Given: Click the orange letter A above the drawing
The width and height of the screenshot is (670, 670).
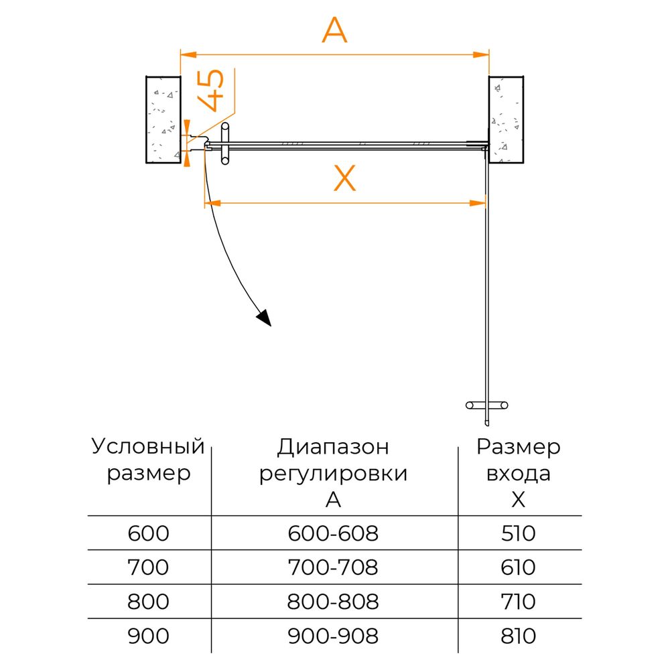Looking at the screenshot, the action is click(x=334, y=30).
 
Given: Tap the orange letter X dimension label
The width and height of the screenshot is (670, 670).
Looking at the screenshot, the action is click(x=344, y=178).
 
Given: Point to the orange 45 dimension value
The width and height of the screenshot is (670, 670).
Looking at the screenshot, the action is click(x=210, y=90).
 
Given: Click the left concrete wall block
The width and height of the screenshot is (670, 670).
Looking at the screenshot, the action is click(x=163, y=120).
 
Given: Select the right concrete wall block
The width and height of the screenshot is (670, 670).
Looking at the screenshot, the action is click(x=507, y=120).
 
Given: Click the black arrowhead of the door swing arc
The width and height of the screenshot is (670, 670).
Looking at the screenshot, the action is click(x=265, y=318).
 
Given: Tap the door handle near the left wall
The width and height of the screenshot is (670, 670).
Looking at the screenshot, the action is click(x=224, y=143).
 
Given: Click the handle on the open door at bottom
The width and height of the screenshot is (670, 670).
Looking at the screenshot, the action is click(x=486, y=405).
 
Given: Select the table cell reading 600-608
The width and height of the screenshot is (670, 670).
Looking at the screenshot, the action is click(x=333, y=533).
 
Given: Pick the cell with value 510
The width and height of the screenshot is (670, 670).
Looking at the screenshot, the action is click(x=519, y=533).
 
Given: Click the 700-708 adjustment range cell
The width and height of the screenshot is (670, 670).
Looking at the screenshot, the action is click(x=333, y=567).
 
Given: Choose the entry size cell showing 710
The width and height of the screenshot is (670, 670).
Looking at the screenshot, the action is click(x=519, y=602).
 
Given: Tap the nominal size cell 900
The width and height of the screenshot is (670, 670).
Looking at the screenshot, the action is click(x=148, y=636).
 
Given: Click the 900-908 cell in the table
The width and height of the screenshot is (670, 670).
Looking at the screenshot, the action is click(x=333, y=636).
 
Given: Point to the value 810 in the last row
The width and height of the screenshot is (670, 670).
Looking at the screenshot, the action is click(x=519, y=636).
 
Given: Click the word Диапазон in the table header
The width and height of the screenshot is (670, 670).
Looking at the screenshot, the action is click(x=333, y=448).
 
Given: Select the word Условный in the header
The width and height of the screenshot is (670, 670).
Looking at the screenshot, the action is click(x=148, y=446).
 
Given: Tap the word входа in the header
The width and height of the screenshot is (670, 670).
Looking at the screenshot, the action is click(x=519, y=474).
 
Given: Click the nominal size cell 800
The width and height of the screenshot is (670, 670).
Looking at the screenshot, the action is click(x=148, y=602).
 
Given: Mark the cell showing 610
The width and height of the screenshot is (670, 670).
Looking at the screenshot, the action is click(x=519, y=567).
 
